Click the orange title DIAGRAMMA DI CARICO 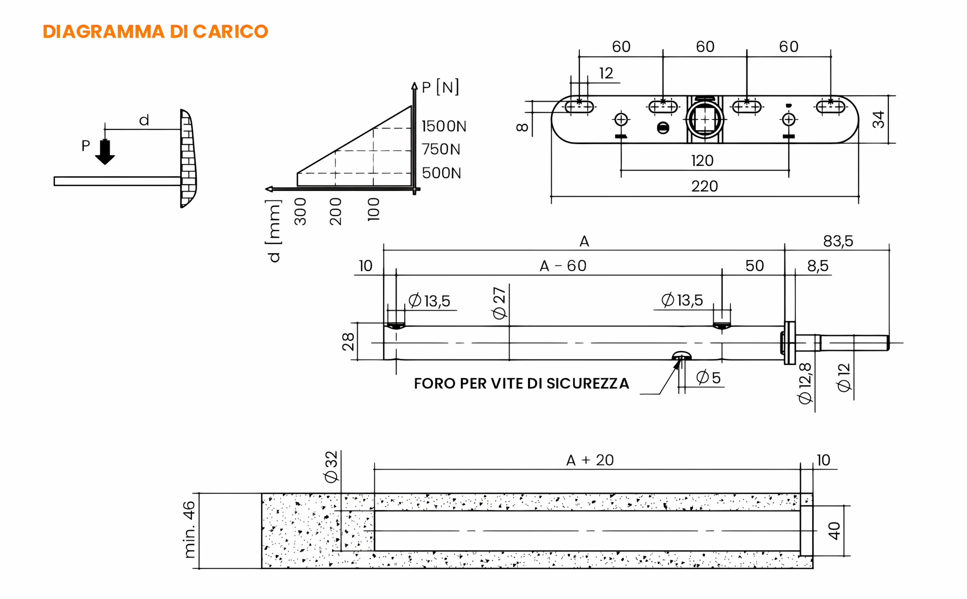pyautogui.click(x=155, y=31)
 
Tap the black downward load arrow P pyautogui.click(x=105, y=152)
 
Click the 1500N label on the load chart pyautogui.click(x=444, y=126)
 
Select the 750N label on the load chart pyautogui.click(x=441, y=149)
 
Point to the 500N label pyautogui.click(x=441, y=173)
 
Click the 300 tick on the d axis pyautogui.click(x=300, y=211)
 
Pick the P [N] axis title pyautogui.click(x=440, y=87)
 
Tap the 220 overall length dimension pyautogui.click(x=704, y=186)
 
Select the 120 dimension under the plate pyautogui.click(x=702, y=160)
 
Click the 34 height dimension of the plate pyautogui.click(x=878, y=119)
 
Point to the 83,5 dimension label pyautogui.click(x=838, y=241)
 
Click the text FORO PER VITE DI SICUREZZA pyautogui.click(x=522, y=383)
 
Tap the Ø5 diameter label pyautogui.click(x=708, y=378)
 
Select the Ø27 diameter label pyautogui.click(x=499, y=303)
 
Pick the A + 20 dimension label pyautogui.click(x=590, y=460)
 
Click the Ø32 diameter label pyautogui.click(x=331, y=467)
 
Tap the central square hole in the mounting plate pyautogui.click(x=704, y=119)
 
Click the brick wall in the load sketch pyautogui.click(x=187, y=158)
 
